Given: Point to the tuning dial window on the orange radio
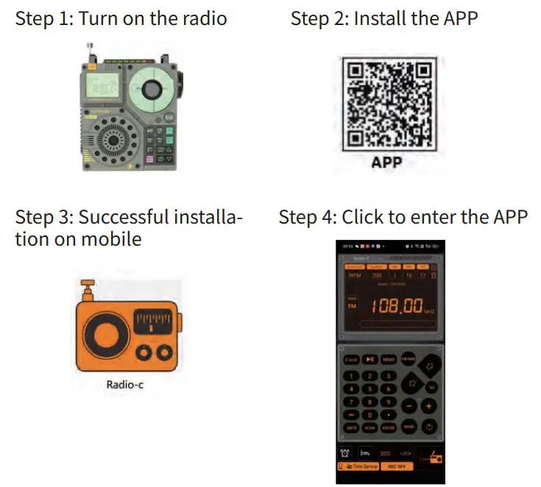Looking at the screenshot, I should (155, 321).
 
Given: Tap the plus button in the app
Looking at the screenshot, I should (429, 405).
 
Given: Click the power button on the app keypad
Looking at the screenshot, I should (429, 426).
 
